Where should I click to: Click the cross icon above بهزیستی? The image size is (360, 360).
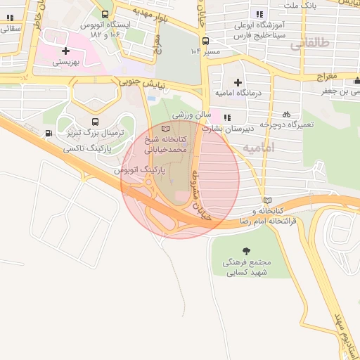(x=65, y=51)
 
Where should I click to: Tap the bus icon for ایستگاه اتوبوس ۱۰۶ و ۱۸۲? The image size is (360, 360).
(x=105, y=13)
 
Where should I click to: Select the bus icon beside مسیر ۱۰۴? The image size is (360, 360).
(x=196, y=51)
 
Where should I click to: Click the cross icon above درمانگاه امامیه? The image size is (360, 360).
(x=238, y=83)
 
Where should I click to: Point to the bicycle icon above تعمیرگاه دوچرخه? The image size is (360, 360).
(x=285, y=114)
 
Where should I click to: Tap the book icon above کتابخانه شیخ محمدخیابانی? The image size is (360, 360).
(x=166, y=129)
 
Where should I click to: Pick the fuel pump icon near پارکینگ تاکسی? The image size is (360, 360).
(x=48, y=134)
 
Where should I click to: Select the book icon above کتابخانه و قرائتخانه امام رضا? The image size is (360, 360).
(x=265, y=200)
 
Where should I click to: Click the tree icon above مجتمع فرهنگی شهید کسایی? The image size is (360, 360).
(x=245, y=251)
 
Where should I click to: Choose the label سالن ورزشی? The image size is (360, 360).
(x=188, y=114)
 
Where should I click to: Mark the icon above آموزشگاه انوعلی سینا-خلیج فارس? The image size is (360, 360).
(x=260, y=13)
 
